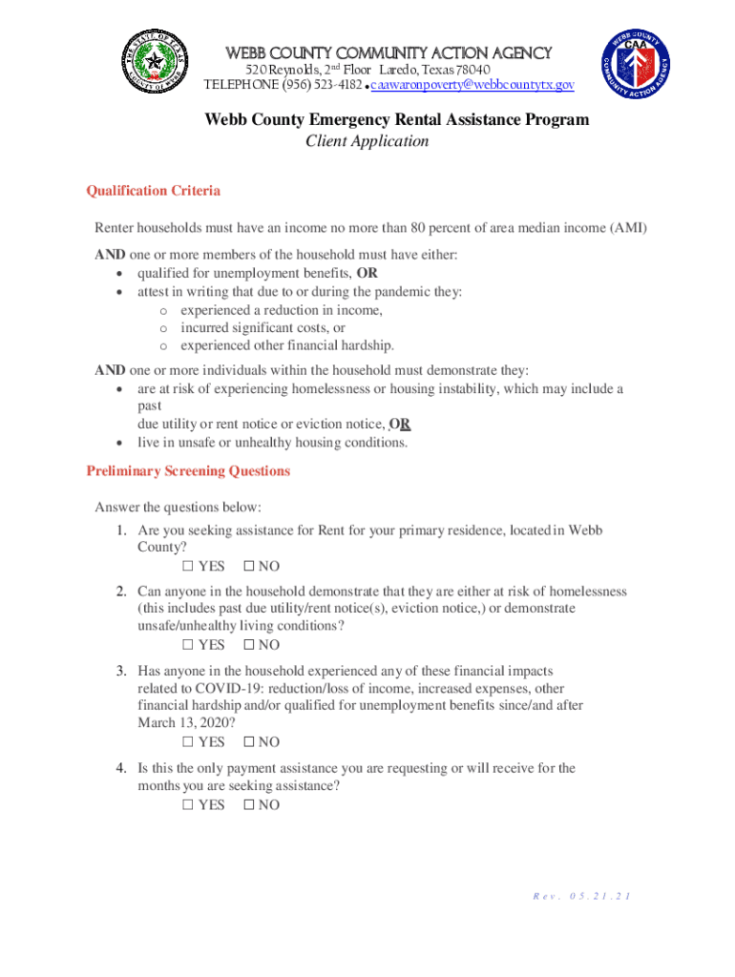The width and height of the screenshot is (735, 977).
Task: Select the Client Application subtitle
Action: pos(367,141)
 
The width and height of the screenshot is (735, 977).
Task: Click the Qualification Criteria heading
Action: pos(154,191)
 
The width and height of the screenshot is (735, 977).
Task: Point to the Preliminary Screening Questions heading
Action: pos(188,471)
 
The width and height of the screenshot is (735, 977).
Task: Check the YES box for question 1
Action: pos(188,567)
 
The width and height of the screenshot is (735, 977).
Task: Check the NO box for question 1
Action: pos(249,567)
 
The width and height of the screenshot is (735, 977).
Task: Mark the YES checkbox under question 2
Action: pos(188,646)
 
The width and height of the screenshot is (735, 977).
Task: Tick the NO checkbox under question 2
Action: pos(249,646)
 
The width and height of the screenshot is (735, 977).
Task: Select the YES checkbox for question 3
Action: pos(188,742)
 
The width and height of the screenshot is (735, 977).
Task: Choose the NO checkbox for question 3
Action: pos(249,742)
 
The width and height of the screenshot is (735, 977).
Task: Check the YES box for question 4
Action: pos(188,805)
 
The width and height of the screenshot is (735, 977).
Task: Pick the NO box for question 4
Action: pos(249,805)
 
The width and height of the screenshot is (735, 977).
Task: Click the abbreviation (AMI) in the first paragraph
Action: pos(628,228)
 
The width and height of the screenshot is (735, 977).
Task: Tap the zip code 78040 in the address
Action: pos(472,71)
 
